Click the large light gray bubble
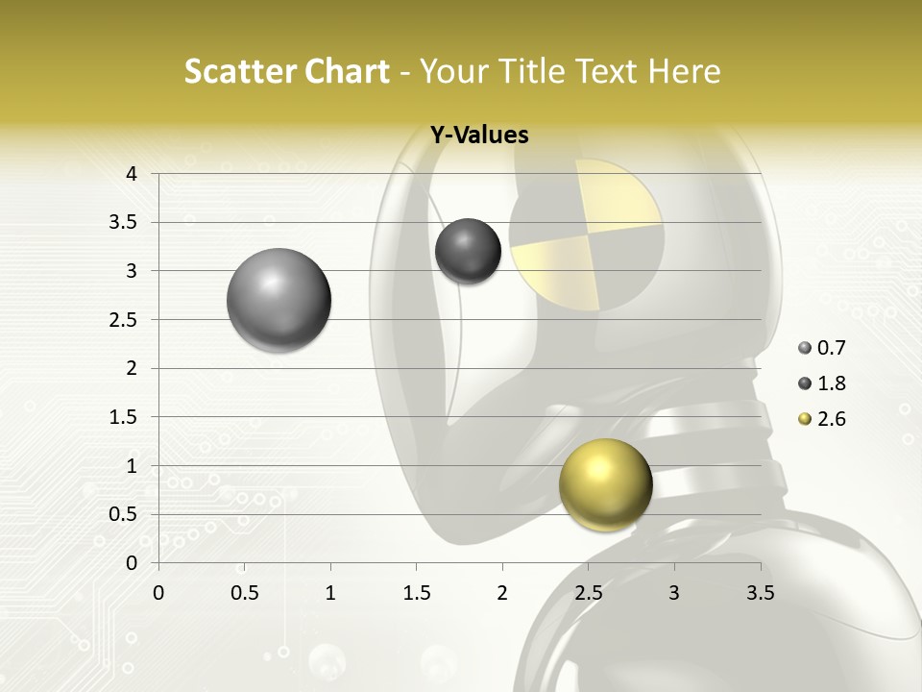tap(279, 300)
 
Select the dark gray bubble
tap(468, 251)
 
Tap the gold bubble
tap(605, 484)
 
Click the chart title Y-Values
tap(478, 136)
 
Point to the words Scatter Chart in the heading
tap(286, 71)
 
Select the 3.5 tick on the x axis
tap(760, 593)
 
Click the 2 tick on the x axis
tap(502, 593)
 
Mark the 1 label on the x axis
tap(330, 593)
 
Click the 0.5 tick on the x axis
tap(245, 593)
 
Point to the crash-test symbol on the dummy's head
tap(586, 235)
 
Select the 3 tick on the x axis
tap(674, 593)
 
